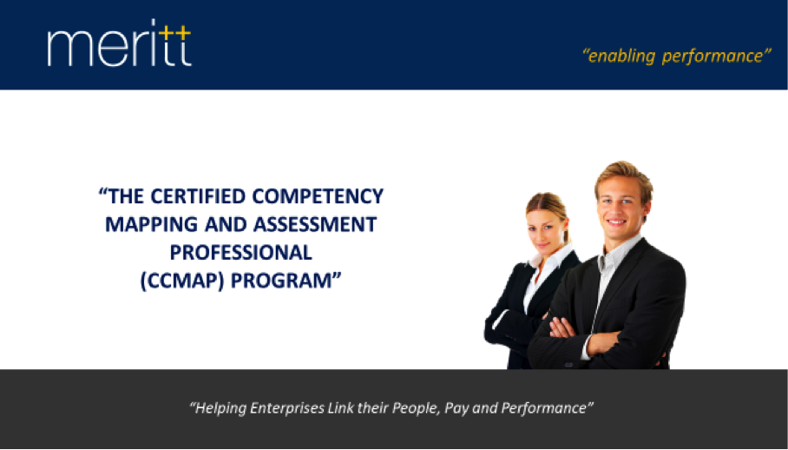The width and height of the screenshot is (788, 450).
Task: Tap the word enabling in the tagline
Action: tap(621, 56)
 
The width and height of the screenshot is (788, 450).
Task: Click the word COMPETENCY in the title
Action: tap(318, 196)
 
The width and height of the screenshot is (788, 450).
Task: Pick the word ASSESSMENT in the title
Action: tap(315, 224)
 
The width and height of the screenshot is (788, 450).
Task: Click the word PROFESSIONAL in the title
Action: tap(240, 253)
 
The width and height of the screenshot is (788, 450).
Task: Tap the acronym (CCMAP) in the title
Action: tap(182, 281)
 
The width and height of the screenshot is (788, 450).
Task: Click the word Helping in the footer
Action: tap(220, 408)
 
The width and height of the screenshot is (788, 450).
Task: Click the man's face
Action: tap(619, 207)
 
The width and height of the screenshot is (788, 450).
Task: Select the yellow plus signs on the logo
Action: tap(174, 32)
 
